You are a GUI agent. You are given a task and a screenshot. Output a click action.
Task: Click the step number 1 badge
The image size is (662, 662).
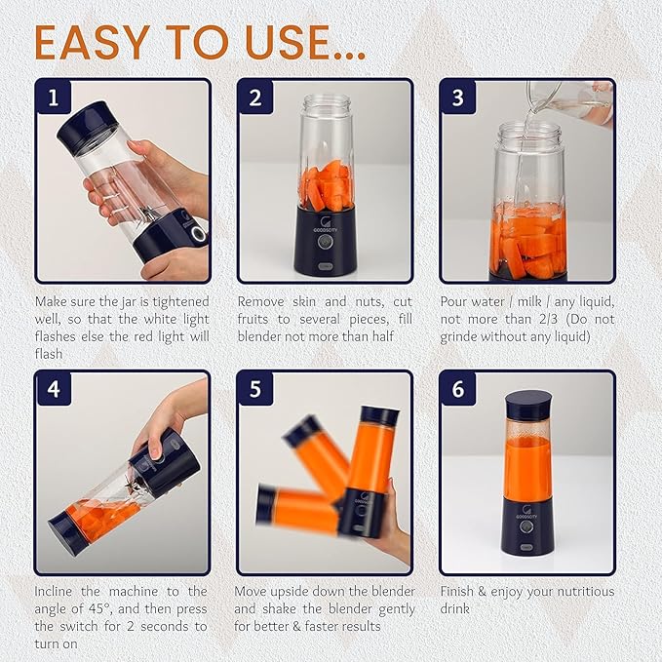pyautogui.click(x=54, y=97)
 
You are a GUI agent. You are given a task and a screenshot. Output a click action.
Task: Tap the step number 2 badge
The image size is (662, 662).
pyautogui.click(x=255, y=97)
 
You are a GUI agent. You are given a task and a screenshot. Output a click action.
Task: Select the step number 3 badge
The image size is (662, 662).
pyautogui.click(x=458, y=97)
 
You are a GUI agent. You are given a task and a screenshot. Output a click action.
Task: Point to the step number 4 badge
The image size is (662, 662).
pyautogui.click(x=54, y=388)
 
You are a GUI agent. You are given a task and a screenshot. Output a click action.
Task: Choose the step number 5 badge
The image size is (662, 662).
pyautogui.click(x=255, y=388)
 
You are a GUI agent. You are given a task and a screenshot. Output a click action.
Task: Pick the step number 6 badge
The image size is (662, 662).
pyautogui.click(x=458, y=388)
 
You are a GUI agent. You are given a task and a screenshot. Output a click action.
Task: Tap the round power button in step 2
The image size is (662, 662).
pyautogui.click(x=325, y=242)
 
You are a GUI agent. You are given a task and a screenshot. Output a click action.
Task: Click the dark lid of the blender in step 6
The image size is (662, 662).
pyautogui.click(x=528, y=404)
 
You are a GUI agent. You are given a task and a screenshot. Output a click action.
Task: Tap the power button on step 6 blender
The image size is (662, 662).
pyautogui.click(x=526, y=526)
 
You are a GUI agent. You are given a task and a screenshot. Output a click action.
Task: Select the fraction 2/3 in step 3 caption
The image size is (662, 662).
pyautogui.click(x=548, y=319)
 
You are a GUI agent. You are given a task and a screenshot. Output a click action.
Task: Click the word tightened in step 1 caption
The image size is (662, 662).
pyautogui.click(x=181, y=302)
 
